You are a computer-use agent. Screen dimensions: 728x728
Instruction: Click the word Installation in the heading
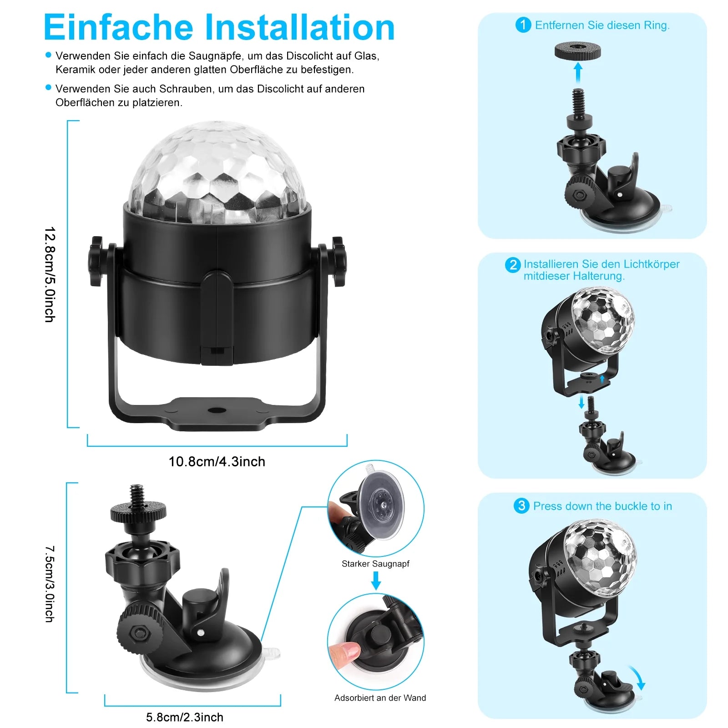[300, 28]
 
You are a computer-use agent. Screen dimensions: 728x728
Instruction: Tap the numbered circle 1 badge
[523, 25]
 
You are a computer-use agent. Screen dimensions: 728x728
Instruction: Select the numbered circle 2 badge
[513, 265]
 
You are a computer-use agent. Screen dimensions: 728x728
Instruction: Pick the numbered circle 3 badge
[521, 506]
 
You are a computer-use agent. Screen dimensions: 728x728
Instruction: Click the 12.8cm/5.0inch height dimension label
[50, 274]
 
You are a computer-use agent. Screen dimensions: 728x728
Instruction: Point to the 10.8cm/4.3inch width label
[217, 461]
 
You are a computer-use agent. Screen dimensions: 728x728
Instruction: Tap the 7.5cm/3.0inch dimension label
[50, 584]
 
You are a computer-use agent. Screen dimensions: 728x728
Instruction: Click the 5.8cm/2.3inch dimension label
[184, 718]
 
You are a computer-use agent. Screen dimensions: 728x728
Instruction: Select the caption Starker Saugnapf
[375, 564]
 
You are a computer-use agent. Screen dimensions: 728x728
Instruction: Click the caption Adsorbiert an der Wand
[380, 698]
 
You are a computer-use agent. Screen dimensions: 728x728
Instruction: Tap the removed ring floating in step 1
[578, 51]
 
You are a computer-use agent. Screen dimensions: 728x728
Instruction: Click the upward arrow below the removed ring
[578, 72]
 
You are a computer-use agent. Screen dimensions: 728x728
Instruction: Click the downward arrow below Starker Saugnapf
[376, 580]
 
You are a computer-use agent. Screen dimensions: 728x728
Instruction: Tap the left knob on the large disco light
[96, 261]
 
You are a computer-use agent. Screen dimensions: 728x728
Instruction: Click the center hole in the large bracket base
[217, 410]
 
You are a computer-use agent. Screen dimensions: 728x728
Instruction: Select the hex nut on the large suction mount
[136, 633]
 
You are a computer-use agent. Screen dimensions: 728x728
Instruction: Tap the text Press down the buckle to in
[602, 506]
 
